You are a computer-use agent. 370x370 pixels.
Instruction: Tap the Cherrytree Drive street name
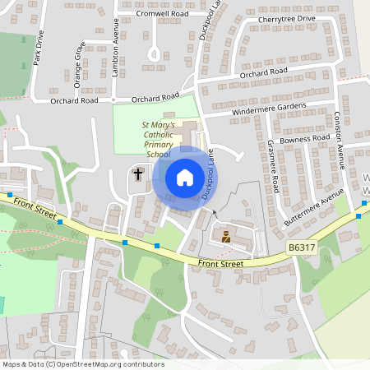point(286,18)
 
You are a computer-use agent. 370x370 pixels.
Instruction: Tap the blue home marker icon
point(184,177)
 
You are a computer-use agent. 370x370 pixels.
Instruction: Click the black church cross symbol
point(138,173)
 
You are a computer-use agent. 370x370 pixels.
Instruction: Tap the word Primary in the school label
point(159,144)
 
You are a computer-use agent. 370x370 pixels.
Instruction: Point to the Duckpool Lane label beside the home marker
point(210,173)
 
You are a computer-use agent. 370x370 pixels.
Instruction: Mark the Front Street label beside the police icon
point(221,264)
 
